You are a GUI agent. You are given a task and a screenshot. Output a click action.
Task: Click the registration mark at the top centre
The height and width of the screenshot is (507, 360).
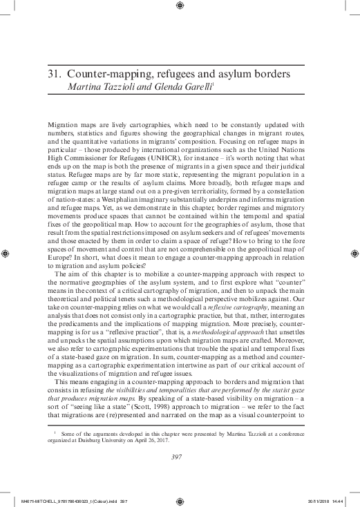pyautogui.click(x=180, y=6)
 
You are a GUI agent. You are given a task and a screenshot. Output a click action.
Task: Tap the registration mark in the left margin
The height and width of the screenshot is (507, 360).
pyautogui.click(x=6, y=254)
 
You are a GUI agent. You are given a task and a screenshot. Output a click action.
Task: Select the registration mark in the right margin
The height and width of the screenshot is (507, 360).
pyautogui.click(x=354, y=254)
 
